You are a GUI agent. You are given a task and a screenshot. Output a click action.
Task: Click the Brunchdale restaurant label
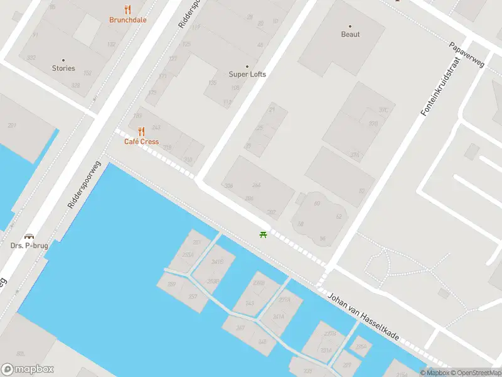pos(128,19)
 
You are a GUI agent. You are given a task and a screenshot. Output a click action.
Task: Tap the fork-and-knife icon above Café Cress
pos(141,131)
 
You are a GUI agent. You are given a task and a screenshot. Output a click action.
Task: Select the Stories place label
pos(63,68)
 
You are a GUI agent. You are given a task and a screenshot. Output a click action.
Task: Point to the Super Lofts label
pos(247,74)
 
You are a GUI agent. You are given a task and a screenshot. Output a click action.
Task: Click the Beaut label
pos(350,35)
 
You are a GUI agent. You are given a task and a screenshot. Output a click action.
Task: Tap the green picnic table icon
pos(263,235)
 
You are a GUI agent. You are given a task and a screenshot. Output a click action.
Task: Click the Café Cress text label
pos(141,141)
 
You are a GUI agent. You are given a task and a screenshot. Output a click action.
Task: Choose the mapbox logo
pos(28,369)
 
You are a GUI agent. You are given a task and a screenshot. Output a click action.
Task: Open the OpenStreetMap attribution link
pos(474,373)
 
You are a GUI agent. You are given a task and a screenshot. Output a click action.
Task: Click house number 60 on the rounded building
pos(317,203)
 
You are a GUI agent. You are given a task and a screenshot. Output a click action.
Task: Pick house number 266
pos(256,185)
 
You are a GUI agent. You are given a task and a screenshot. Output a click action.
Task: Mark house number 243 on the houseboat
pos(250,303)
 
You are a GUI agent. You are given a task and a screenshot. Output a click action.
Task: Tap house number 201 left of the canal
pos(11,126)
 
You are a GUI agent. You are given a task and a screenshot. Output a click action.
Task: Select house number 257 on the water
pos(193,297)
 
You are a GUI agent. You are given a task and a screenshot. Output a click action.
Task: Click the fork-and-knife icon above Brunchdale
pos(128,9)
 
